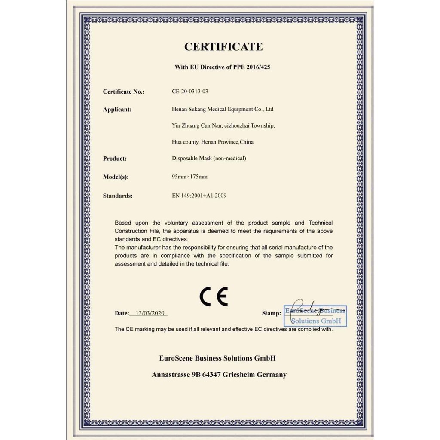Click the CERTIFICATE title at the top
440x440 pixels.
(223, 47)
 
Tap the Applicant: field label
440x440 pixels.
(117, 110)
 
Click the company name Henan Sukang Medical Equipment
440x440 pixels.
(223, 109)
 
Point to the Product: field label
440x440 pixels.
(115, 159)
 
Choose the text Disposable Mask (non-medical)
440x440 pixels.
(209, 159)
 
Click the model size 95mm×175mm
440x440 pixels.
(189, 177)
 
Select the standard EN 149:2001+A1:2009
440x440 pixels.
(199, 196)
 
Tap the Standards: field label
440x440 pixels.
(118, 196)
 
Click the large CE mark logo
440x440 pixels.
(214, 296)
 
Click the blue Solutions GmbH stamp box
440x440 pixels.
(315, 315)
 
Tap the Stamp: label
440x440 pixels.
(272, 313)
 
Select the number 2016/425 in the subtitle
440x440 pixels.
(257, 67)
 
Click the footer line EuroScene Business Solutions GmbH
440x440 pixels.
(217, 358)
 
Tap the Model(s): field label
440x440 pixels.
(116, 177)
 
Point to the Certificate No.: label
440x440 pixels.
(124, 92)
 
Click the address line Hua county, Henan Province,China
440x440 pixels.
(213, 142)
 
